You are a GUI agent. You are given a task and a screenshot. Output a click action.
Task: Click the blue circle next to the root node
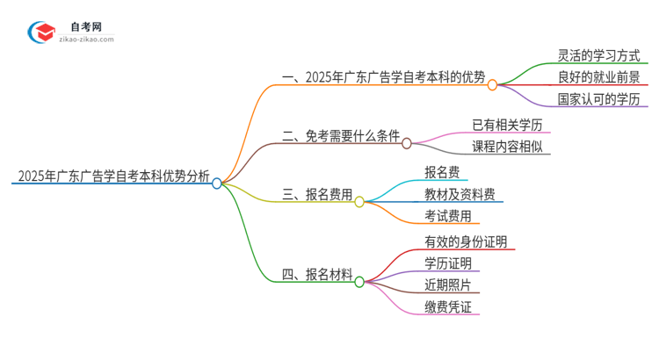(217, 184)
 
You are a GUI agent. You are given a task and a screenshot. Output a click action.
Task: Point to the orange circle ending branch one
(492, 85)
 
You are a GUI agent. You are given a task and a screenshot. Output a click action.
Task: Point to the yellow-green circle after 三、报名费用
(359, 202)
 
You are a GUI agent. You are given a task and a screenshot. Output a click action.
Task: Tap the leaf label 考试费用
(447, 216)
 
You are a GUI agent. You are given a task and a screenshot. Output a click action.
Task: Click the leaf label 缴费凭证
(447, 306)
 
